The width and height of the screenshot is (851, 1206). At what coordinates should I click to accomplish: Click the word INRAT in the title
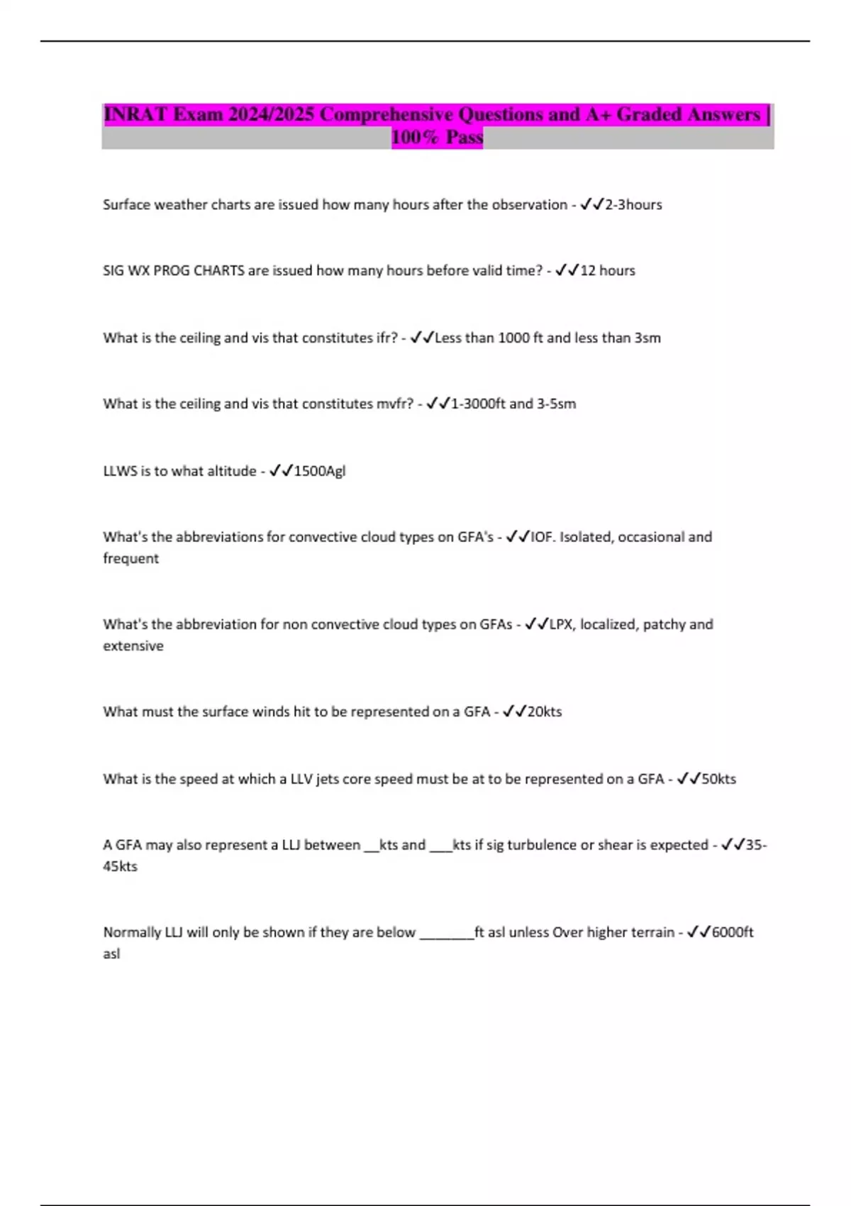tap(135, 114)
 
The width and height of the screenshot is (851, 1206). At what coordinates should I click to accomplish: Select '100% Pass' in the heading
tap(437, 137)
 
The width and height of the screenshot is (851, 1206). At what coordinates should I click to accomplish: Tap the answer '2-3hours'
tap(633, 204)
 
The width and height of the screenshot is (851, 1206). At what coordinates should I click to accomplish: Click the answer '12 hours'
tap(608, 270)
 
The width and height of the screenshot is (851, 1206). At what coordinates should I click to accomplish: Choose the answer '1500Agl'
tap(320, 471)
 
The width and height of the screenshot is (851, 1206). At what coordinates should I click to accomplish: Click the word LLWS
tap(120, 471)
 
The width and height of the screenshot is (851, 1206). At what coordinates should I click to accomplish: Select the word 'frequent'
tap(130, 558)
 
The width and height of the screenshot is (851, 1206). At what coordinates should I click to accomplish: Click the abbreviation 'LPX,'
tap(562, 624)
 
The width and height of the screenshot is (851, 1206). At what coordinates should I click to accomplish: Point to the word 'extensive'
tap(133, 646)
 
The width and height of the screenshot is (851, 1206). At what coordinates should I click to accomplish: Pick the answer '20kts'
tap(545, 712)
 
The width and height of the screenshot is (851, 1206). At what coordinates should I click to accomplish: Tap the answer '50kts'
tap(719, 779)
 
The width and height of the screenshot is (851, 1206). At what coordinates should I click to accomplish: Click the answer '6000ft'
tap(733, 932)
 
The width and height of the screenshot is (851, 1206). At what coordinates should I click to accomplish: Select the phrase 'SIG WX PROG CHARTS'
tap(174, 270)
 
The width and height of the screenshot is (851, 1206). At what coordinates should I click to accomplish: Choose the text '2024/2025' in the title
tap(271, 114)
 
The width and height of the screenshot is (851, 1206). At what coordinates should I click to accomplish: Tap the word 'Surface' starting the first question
tap(126, 204)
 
